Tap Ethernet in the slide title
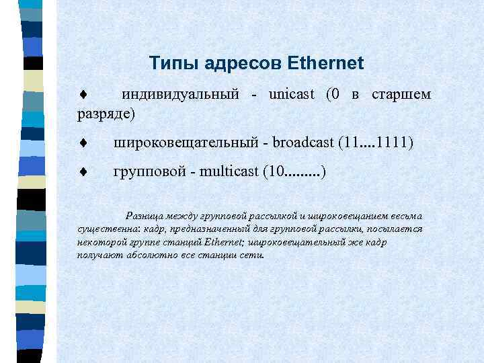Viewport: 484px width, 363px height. (325, 64)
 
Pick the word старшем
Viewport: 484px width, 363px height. (401, 94)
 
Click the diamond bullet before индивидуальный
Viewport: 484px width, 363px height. (81, 95)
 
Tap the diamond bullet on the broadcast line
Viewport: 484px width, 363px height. (81, 143)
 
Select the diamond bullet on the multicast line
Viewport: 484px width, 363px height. (81, 173)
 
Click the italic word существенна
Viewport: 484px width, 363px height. (105, 229)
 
